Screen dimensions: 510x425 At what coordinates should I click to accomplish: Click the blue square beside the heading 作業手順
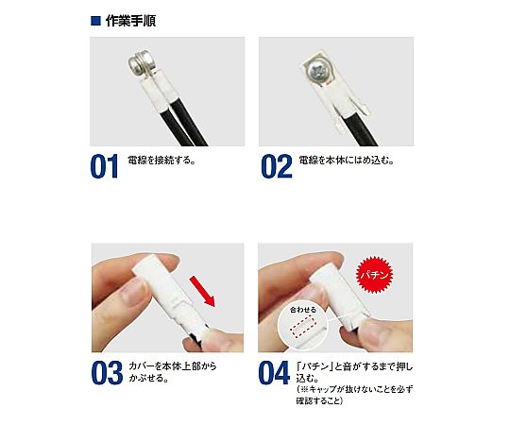(96, 21)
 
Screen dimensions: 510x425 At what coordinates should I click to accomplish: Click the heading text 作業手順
(130, 21)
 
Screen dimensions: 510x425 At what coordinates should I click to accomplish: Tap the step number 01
(104, 166)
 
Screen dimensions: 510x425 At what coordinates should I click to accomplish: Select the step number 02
(277, 166)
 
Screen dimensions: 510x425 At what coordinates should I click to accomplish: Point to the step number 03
(107, 373)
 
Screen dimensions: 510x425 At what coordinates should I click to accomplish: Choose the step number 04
(274, 373)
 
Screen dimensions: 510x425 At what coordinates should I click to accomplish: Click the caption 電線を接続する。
(161, 161)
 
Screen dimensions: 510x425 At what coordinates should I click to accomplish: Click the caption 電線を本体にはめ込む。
(347, 161)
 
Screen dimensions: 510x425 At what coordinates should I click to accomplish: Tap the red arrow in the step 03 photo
(203, 291)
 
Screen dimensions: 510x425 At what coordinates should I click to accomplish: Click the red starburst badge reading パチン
(375, 275)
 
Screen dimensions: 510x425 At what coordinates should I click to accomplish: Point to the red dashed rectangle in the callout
(302, 327)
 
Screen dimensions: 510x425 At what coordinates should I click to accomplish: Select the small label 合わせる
(303, 310)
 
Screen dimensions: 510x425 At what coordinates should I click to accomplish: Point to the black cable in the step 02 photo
(358, 128)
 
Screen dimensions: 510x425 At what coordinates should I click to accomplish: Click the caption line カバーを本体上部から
(173, 366)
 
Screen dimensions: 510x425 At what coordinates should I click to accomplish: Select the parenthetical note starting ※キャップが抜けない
(354, 395)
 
